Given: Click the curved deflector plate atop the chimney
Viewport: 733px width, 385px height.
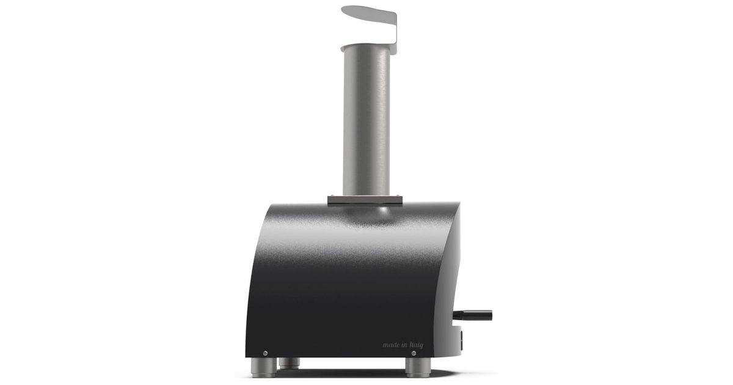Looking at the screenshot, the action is coord(368,15).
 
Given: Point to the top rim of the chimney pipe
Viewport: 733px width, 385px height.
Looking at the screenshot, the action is coord(366,48).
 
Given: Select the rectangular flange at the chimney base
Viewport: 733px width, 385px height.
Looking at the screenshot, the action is coord(365,200).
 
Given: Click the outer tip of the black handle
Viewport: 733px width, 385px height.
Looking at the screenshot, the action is coord(490,315).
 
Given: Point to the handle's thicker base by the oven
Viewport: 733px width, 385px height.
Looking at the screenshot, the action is coord(460,315).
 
